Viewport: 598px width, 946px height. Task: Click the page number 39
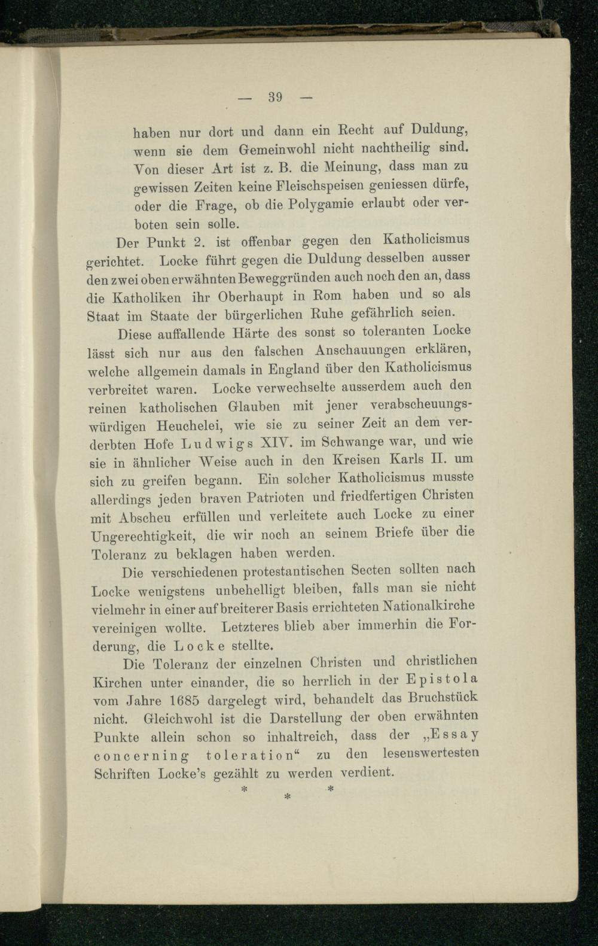275,97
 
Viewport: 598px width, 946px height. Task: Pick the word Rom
327,296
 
